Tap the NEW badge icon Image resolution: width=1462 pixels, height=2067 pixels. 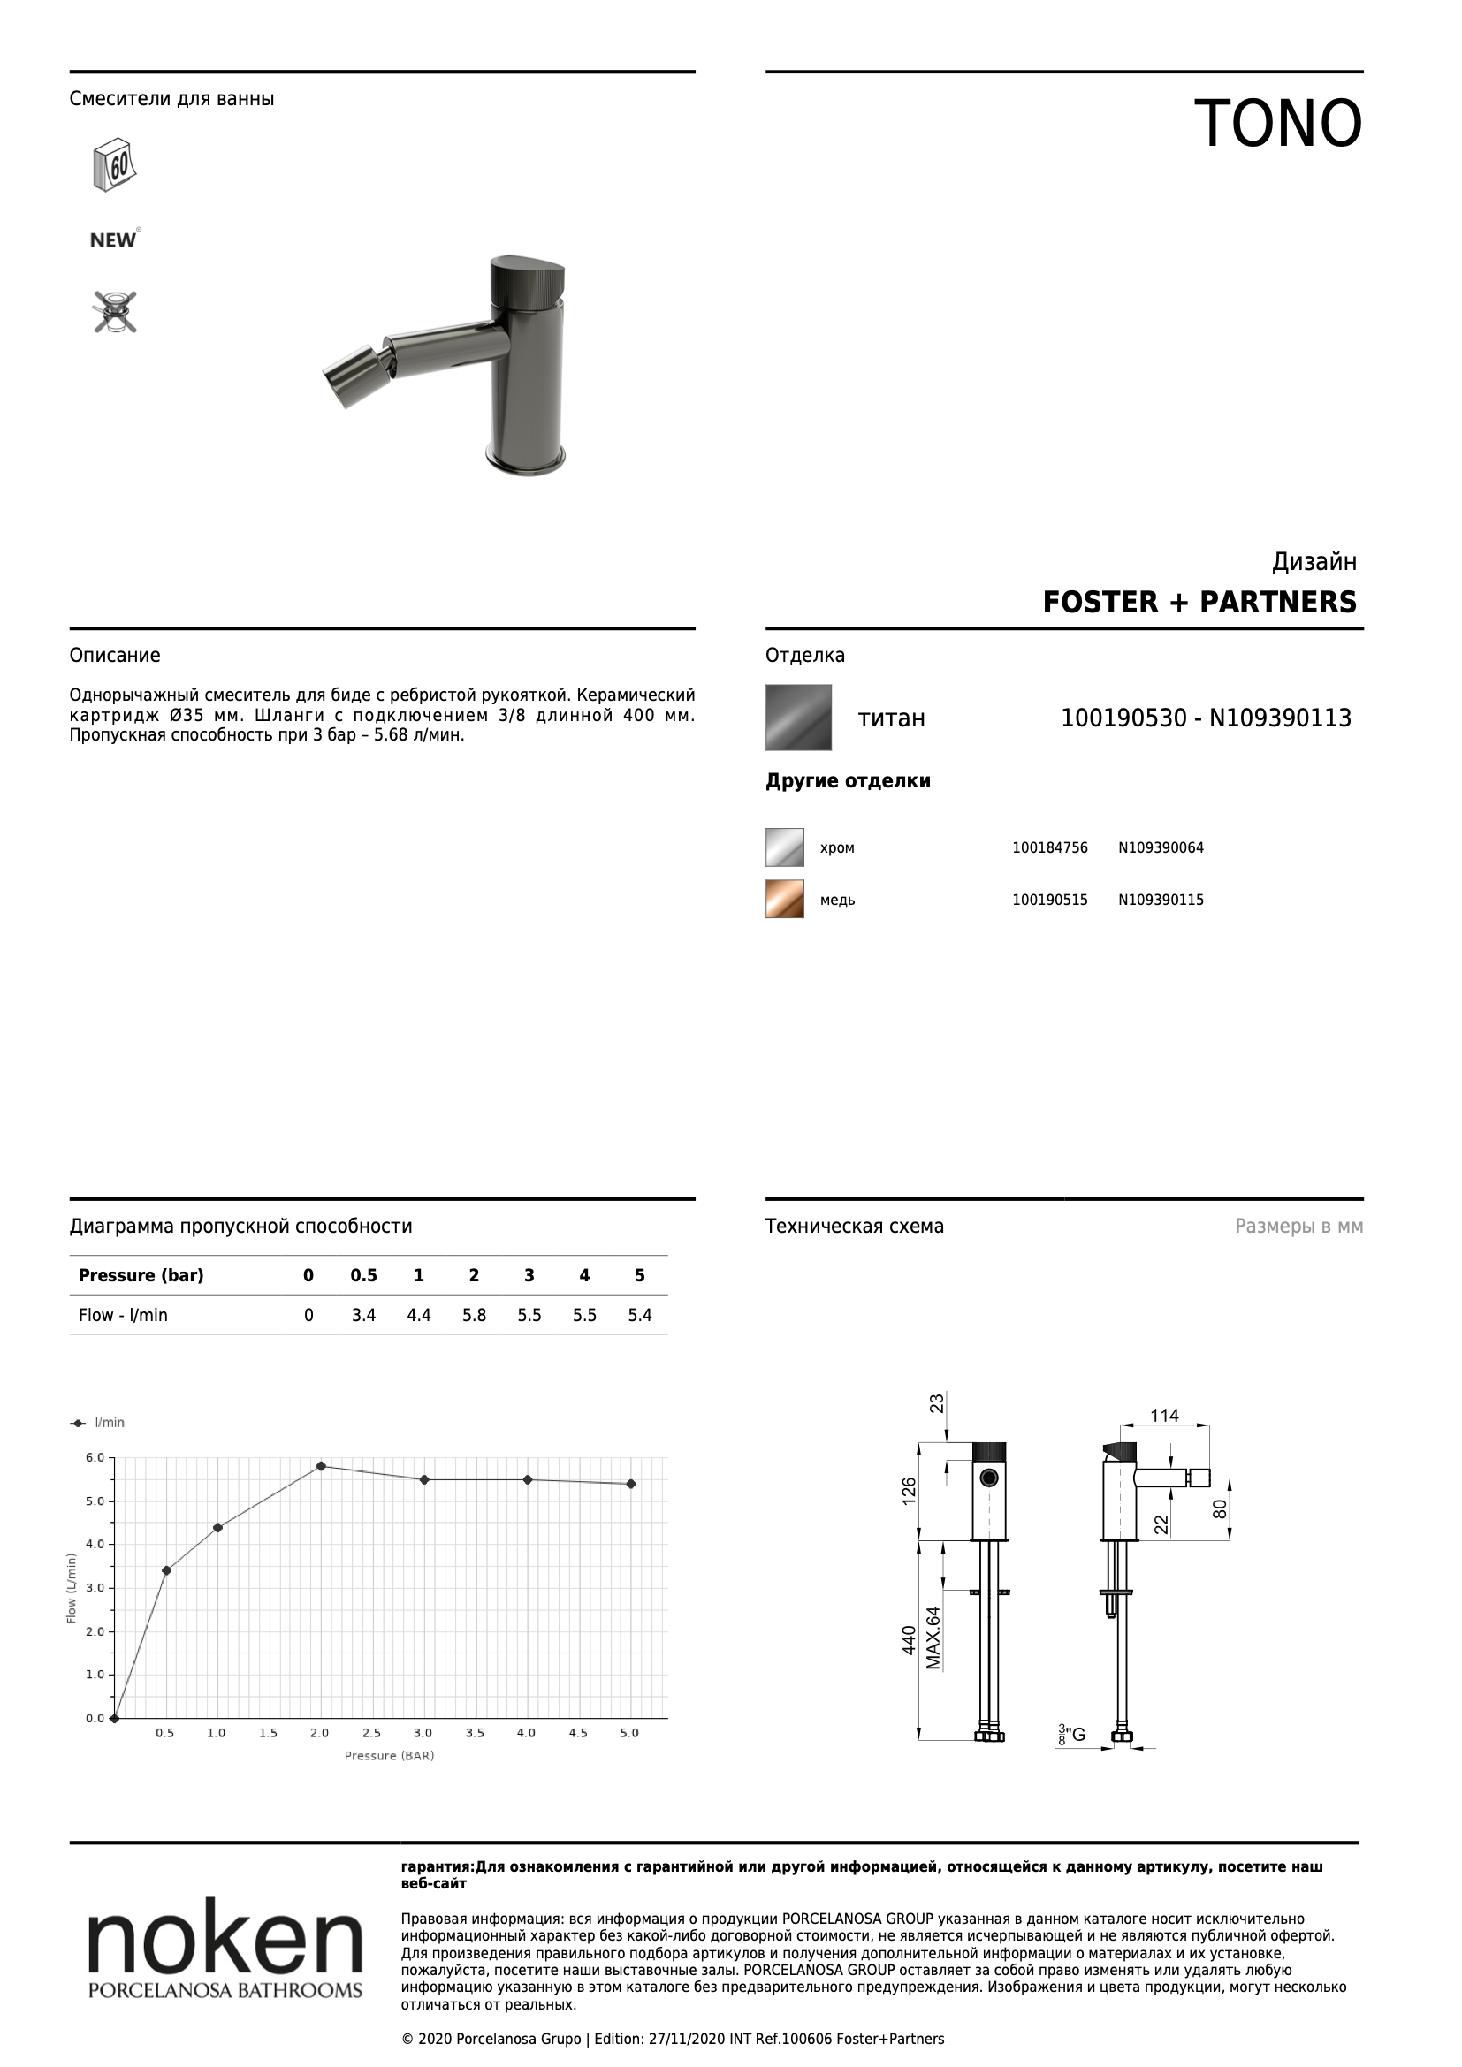[113, 239]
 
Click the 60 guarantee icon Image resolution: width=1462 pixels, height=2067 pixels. [114, 163]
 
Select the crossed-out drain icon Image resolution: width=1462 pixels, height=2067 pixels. [115, 311]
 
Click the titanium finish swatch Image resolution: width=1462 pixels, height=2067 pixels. [798, 718]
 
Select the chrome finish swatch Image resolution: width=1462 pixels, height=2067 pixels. [785, 847]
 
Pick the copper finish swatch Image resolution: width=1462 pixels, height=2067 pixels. [785, 900]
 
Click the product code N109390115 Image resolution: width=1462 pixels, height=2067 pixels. [1161, 900]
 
